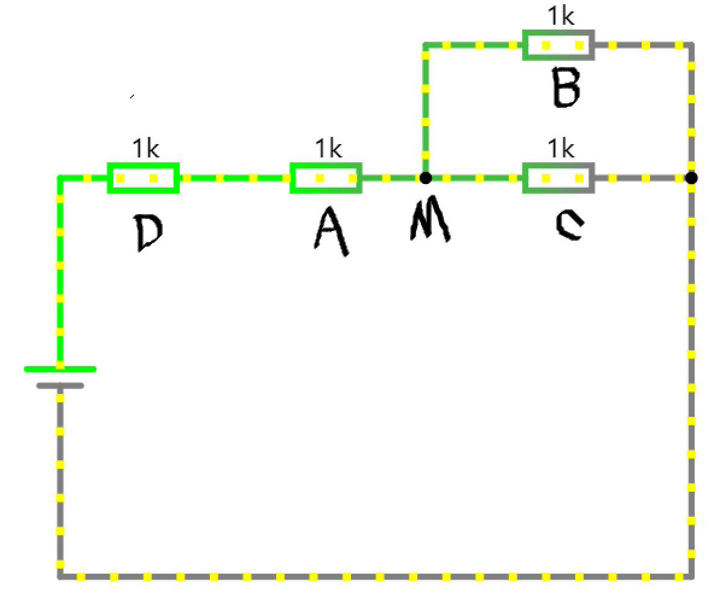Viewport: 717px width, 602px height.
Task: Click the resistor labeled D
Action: (x=144, y=178)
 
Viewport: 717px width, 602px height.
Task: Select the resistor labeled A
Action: (x=326, y=178)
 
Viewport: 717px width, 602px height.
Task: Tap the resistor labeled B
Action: (x=558, y=45)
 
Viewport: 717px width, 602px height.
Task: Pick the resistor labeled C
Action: (x=558, y=178)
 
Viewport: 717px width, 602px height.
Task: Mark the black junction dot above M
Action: (x=425, y=178)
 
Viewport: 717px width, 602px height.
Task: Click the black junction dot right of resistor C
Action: (x=692, y=178)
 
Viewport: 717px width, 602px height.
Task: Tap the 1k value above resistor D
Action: (x=145, y=148)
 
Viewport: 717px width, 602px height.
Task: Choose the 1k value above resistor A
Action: (x=328, y=148)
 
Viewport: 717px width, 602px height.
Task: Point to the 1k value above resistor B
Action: (x=560, y=16)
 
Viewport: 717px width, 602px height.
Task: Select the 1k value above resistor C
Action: (x=560, y=148)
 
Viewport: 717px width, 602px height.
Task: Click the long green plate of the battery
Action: (x=60, y=368)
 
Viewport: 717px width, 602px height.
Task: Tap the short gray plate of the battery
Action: (x=60, y=385)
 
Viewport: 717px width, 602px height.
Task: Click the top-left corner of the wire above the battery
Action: (x=60, y=178)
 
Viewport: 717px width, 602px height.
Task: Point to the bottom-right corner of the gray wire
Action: (x=692, y=577)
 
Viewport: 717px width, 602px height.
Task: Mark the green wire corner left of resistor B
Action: (x=425, y=45)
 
